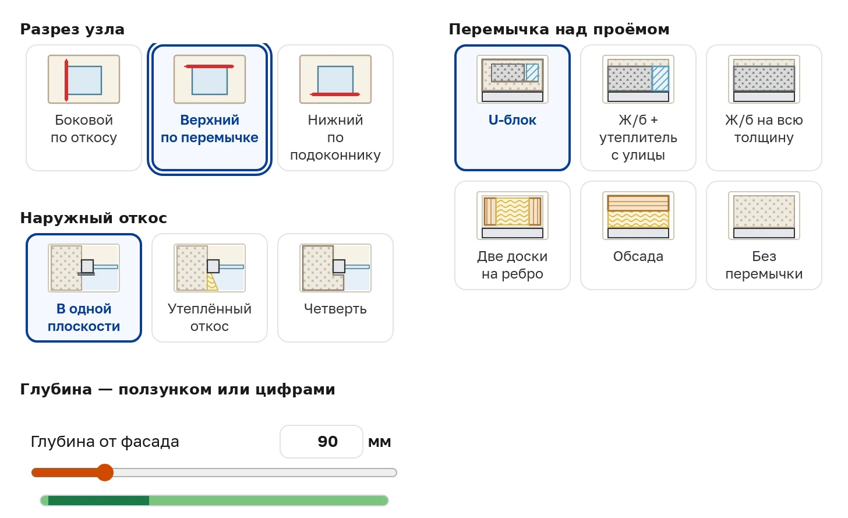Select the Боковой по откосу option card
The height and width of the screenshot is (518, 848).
point(84,108)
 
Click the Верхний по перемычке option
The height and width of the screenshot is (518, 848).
point(209,108)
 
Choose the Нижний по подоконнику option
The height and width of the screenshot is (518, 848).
point(335,108)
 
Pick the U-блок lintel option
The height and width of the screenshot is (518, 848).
point(512,108)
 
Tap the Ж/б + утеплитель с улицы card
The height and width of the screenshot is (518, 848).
point(638,108)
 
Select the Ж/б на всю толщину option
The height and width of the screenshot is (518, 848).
point(764,108)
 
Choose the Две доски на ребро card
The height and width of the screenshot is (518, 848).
point(512,235)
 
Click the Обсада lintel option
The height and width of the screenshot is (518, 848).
point(638,235)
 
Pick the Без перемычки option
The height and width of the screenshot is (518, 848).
point(764,235)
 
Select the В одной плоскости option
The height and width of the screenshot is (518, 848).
point(84,288)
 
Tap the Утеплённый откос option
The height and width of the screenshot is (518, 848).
point(209,288)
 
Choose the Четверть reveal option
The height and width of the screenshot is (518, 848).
point(335,288)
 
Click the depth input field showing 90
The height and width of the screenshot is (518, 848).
point(321,442)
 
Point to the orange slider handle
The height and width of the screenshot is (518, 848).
point(105,473)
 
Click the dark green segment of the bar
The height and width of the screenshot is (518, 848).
point(98,500)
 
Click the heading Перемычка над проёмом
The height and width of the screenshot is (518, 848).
point(559,30)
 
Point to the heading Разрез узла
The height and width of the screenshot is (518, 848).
point(72,30)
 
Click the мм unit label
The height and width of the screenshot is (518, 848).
point(380,442)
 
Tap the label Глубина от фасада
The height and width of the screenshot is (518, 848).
point(105,442)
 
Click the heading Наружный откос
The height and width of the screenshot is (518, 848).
point(94,219)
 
